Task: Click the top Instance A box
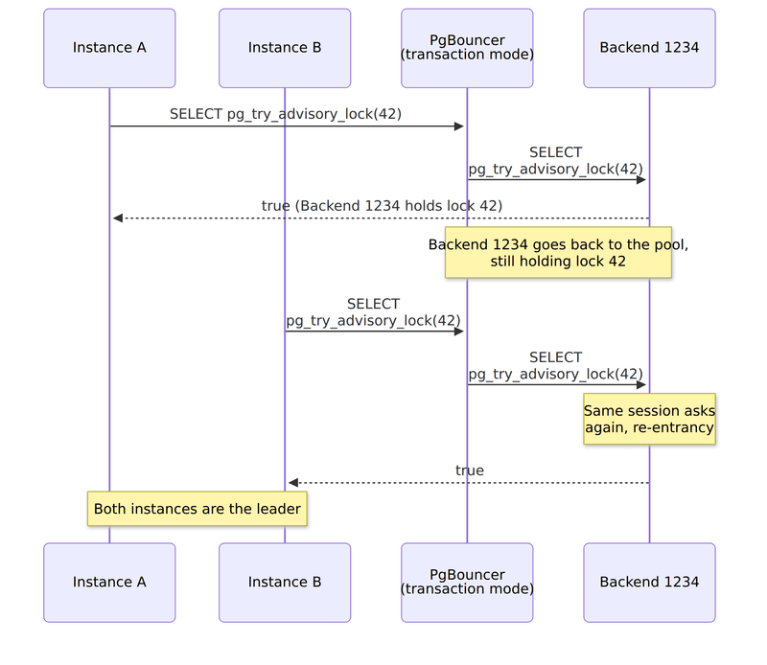(x=109, y=48)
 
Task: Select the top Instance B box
(x=285, y=48)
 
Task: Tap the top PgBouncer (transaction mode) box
(x=467, y=48)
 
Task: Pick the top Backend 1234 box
(x=650, y=48)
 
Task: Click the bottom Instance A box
(x=109, y=583)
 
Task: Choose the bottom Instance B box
(x=285, y=583)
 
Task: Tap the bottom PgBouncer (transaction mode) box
(x=467, y=583)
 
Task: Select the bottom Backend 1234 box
(x=650, y=583)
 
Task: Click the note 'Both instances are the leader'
(x=198, y=509)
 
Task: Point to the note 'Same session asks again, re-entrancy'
(x=650, y=419)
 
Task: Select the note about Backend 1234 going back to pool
(x=558, y=252)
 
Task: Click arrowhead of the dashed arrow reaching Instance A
(x=117, y=218)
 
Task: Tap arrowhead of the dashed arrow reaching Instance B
(x=293, y=483)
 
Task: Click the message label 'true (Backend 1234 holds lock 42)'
(x=382, y=206)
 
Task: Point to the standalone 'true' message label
(x=470, y=470)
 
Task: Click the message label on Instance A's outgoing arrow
(x=286, y=114)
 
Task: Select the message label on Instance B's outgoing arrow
(x=373, y=312)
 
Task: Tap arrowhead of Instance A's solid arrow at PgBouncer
(x=459, y=126)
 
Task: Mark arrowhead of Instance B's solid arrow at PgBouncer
(x=459, y=331)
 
